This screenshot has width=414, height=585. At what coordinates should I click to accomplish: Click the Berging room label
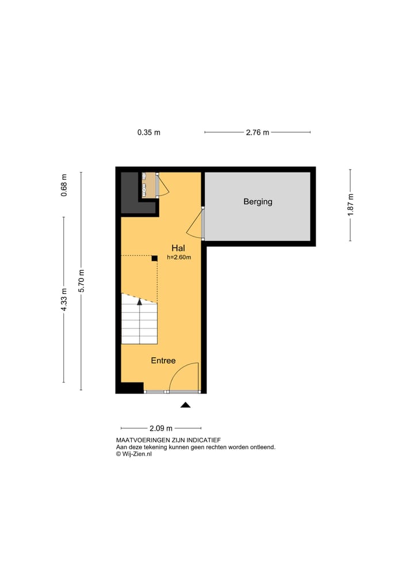(x=258, y=202)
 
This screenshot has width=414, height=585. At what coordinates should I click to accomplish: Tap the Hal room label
(x=178, y=248)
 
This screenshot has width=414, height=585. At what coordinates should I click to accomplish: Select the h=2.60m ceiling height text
(x=179, y=257)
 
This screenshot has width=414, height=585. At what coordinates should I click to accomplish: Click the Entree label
(x=163, y=361)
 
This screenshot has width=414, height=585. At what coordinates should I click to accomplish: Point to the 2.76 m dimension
(x=257, y=132)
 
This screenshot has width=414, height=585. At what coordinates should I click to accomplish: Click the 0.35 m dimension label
(x=148, y=132)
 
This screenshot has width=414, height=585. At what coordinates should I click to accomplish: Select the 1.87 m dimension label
(x=350, y=205)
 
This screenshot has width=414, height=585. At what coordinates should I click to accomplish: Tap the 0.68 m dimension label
(x=64, y=185)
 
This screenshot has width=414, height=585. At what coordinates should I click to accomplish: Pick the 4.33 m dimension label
(x=64, y=299)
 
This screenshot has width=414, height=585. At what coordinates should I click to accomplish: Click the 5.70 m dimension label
(x=81, y=281)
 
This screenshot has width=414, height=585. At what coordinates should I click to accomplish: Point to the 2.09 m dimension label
(x=160, y=429)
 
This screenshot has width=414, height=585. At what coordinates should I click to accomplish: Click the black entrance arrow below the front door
(x=185, y=406)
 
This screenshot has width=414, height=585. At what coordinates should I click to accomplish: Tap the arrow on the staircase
(x=139, y=301)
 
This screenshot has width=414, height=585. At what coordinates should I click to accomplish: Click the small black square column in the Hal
(x=154, y=258)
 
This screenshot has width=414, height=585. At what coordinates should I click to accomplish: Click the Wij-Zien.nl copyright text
(x=134, y=454)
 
